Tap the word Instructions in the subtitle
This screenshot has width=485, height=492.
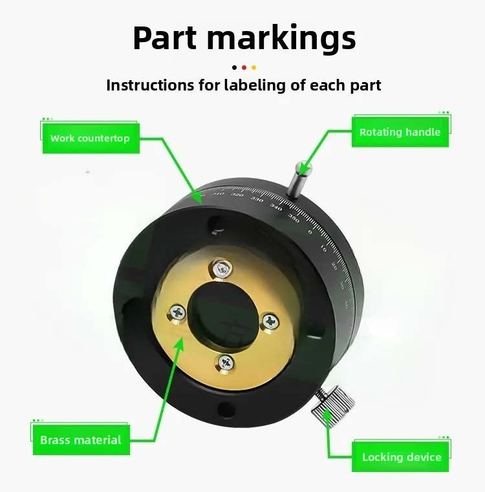(x=148, y=85)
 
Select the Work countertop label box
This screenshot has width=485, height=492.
(x=91, y=138)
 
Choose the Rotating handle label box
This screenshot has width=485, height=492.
(x=400, y=132)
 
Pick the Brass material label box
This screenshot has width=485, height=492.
(x=81, y=440)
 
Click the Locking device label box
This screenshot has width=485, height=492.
(x=401, y=457)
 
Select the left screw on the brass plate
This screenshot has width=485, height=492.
(x=177, y=313)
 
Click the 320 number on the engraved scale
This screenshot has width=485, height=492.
(x=237, y=195)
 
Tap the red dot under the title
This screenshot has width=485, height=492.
(x=244, y=67)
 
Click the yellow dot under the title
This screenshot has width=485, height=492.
(x=253, y=67)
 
